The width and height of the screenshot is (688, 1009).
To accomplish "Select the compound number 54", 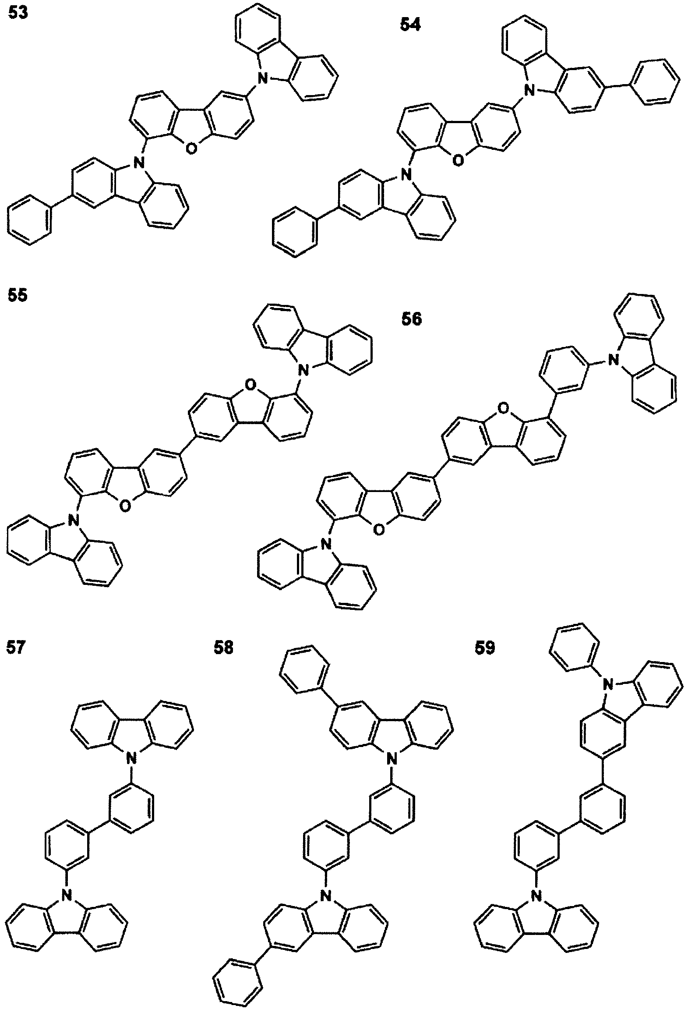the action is [410, 25].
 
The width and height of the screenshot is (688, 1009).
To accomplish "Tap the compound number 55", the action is [18, 295].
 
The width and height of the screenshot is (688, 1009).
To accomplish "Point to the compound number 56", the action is [411, 319].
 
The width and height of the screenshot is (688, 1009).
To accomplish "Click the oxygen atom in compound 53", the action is [191, 149].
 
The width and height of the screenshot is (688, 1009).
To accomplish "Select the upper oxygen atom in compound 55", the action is [250, 385].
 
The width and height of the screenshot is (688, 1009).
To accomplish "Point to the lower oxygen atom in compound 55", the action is [125, 506].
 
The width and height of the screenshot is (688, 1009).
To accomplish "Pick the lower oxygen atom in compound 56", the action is [379, 531].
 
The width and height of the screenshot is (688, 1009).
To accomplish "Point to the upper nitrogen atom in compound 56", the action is [614, 360].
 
